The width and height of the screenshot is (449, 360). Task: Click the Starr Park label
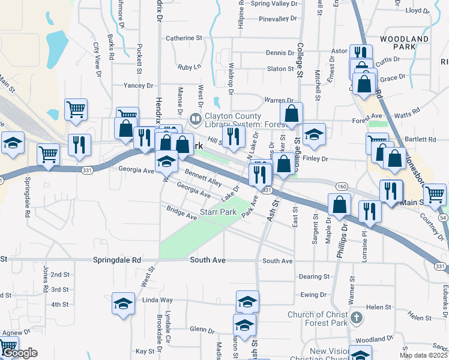click(218, 212)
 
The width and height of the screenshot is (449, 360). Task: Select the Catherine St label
click(184, 38)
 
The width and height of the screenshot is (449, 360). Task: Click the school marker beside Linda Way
click(123, 304)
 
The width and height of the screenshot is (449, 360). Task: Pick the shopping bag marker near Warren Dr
click(291, 113)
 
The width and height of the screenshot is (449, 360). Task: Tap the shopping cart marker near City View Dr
click(76, 109)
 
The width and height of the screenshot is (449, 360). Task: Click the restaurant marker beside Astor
click(360, 53)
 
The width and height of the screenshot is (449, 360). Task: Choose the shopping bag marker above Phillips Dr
click(340, 204)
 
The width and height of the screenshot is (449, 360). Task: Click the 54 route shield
click(443, 217)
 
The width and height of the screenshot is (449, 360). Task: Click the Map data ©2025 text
click(423, 355)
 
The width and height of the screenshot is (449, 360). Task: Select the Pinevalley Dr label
click(279, 19)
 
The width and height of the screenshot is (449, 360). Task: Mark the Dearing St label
click(314, 277)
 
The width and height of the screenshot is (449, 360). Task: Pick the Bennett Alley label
click(203, 178)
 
